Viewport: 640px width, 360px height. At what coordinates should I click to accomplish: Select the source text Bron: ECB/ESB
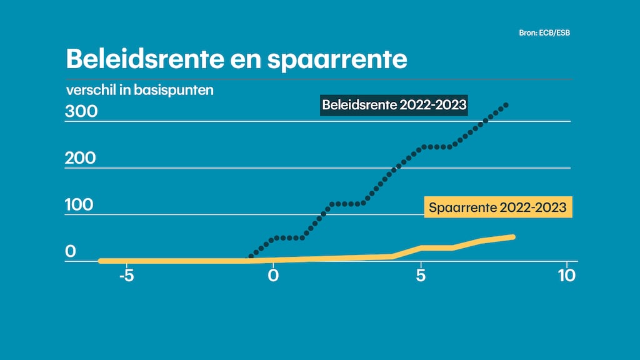click(x=544, y=32)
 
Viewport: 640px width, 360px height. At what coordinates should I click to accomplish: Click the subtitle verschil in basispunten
click(x=140, y=89)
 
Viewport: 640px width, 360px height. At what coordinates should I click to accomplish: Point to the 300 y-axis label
click(x=81, y=112)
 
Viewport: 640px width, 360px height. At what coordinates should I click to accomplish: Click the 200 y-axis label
click(x=81, y=158)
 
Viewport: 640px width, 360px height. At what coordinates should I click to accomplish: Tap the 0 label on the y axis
click(x=71, y=251)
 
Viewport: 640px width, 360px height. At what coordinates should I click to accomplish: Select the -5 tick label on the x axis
click(x=126, y=275)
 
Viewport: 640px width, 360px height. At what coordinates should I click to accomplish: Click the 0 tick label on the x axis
click(x=274, y=275)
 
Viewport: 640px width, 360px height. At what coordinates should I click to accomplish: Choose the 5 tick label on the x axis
click(x=421, y=275)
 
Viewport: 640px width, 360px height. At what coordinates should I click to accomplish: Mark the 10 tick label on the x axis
click(x=566, y=275)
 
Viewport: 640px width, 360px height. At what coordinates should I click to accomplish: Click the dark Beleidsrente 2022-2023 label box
click(x=394, y=104)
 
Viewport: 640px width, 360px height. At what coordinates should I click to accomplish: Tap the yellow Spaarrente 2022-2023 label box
click(x=498, y=207)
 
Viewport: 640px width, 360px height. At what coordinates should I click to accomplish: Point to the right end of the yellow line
click(x=512, y=237)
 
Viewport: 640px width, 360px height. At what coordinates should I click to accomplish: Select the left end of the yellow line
click(x=101, y=261)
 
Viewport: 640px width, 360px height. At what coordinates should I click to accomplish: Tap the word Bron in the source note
click(x=528, y=32)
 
